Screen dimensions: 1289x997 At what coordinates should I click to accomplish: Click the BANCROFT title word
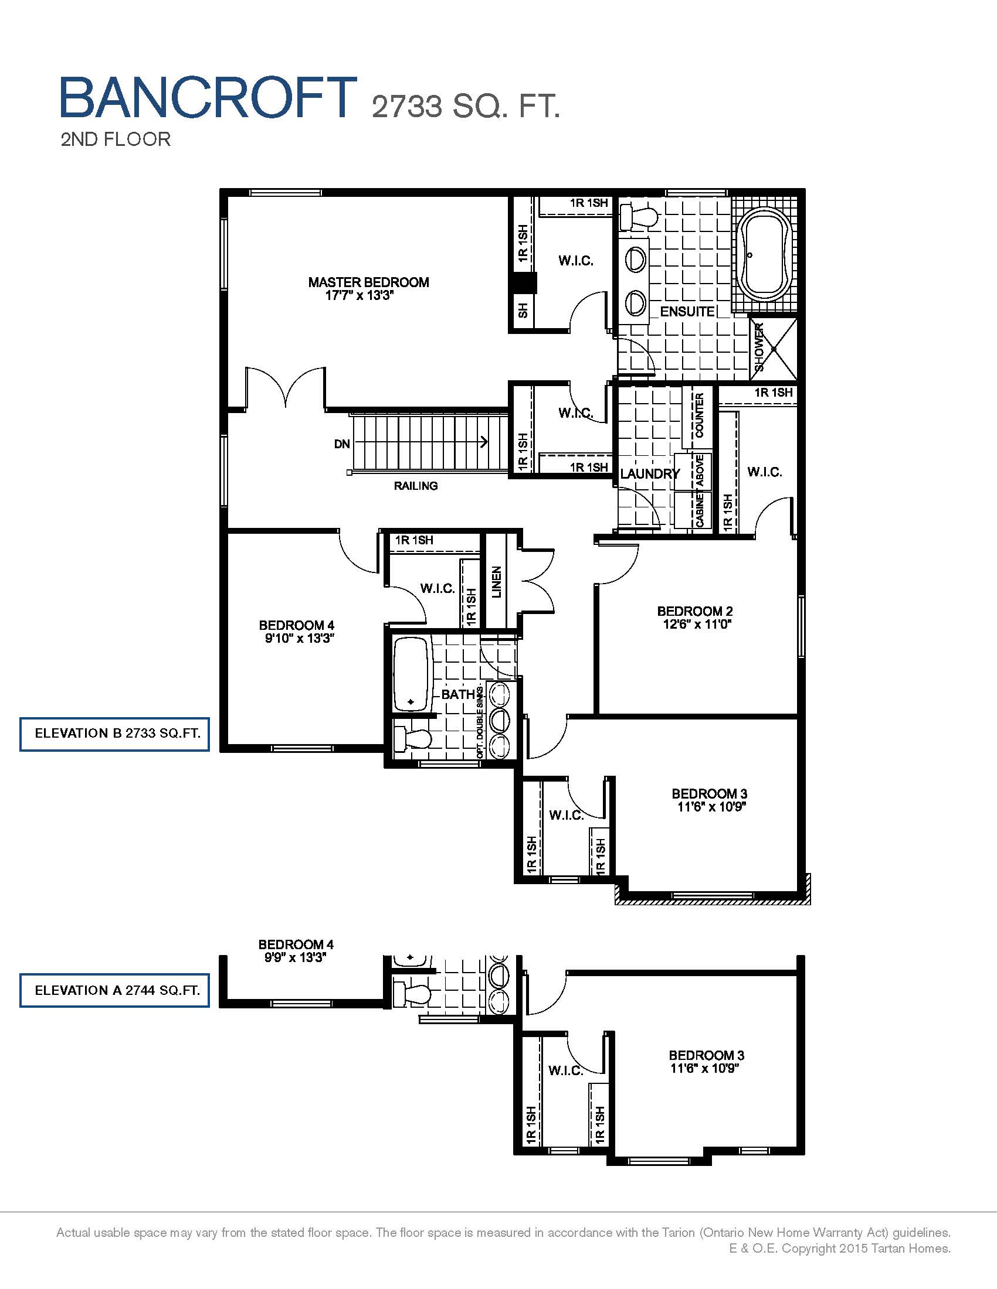pos(209,97)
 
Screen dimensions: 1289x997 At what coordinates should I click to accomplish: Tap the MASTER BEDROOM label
pos(368,282)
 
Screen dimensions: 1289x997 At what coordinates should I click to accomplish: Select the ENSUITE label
pos(687,312)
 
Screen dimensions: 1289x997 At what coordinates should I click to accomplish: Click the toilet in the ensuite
pos(638,216)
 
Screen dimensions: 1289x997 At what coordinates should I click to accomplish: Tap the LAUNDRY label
pos(650,473)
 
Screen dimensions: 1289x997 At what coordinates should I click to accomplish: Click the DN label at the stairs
pos(342,444)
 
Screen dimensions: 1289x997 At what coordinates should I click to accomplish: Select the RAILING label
pos(416,486)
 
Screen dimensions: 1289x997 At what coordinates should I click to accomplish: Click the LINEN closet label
pos(497,582)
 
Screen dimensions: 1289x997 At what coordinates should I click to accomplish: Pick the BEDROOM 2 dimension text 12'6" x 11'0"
pos(697,624)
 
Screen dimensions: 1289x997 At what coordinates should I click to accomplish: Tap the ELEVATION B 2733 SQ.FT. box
pos(114,734)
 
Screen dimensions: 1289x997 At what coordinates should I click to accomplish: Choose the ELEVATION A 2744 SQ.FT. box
pos(114,990)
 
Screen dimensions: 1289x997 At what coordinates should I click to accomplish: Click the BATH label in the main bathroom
pos(458,694)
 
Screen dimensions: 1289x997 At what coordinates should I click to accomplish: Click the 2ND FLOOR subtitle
pos(116,139)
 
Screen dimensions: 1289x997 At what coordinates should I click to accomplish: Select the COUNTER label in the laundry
pos(699,416)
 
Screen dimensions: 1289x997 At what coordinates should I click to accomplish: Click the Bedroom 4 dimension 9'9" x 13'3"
pos(296,957)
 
